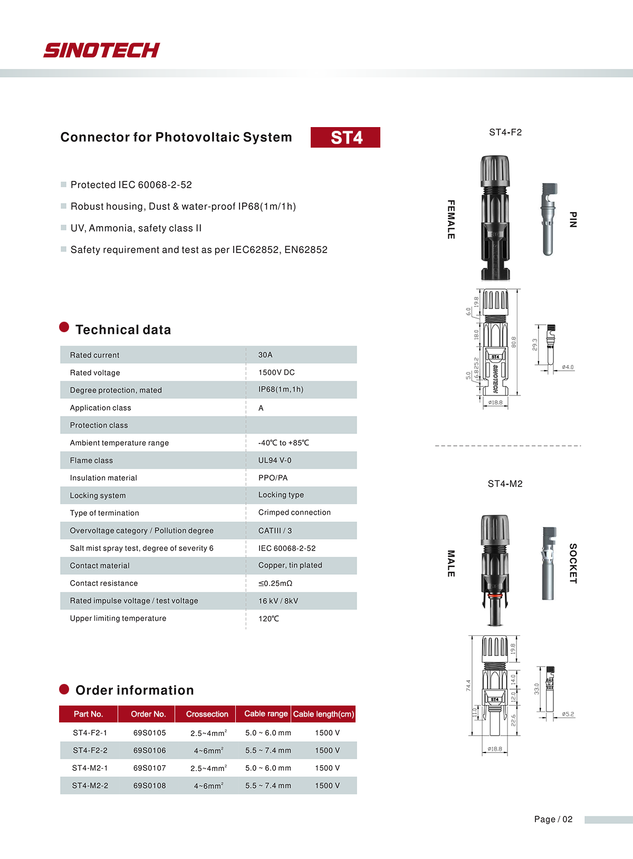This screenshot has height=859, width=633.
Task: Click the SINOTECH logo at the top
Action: pyautogui.click(x=101, y=50)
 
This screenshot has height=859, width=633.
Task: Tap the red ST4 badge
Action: pyautogui.click(x=346, y=138)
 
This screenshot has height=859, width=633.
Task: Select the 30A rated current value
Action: pyautogui.click(x=265, y=355)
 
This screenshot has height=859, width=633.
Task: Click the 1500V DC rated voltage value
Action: pyautogui.click(x=276, y=372)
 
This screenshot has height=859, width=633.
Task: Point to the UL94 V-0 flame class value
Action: pyautogui.click(x=275, y=460)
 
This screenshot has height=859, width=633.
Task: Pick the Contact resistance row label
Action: pyautogui.click(x=104, y=583)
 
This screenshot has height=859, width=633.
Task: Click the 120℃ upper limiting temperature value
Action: pyautogui.click(x=268, y=619)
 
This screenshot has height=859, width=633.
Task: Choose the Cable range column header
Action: pyautogui.click(x=266, y=713)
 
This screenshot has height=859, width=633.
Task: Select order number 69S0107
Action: pyautogui.click(x=149, y=768)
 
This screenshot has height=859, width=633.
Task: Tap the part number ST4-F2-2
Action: pyautogui.click(x=90, y=750)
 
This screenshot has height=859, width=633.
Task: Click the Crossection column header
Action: pyautogui.click(x=207, y=714)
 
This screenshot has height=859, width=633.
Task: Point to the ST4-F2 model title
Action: pyautogui.click(x=505, y=132)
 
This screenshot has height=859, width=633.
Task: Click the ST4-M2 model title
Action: pyautogui.click(x=505, y=484)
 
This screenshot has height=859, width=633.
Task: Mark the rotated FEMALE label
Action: pyautogui.click(x=451, y=219)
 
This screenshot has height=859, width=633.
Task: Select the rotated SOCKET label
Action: pyautogui.click(x=573, y=563)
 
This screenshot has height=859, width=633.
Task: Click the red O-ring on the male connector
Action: pyautogui.click(x=495, y=596)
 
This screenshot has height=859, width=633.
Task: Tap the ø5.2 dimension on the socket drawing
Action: pyautogui.click(x=568, y=714)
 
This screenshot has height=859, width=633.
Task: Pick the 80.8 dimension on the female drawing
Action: pyautogui.click(x=514, y=342)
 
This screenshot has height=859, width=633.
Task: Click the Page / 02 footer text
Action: pyautogui.click(x=553, y=819)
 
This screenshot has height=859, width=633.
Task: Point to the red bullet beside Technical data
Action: pyautogui.click(x=64, y=327)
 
